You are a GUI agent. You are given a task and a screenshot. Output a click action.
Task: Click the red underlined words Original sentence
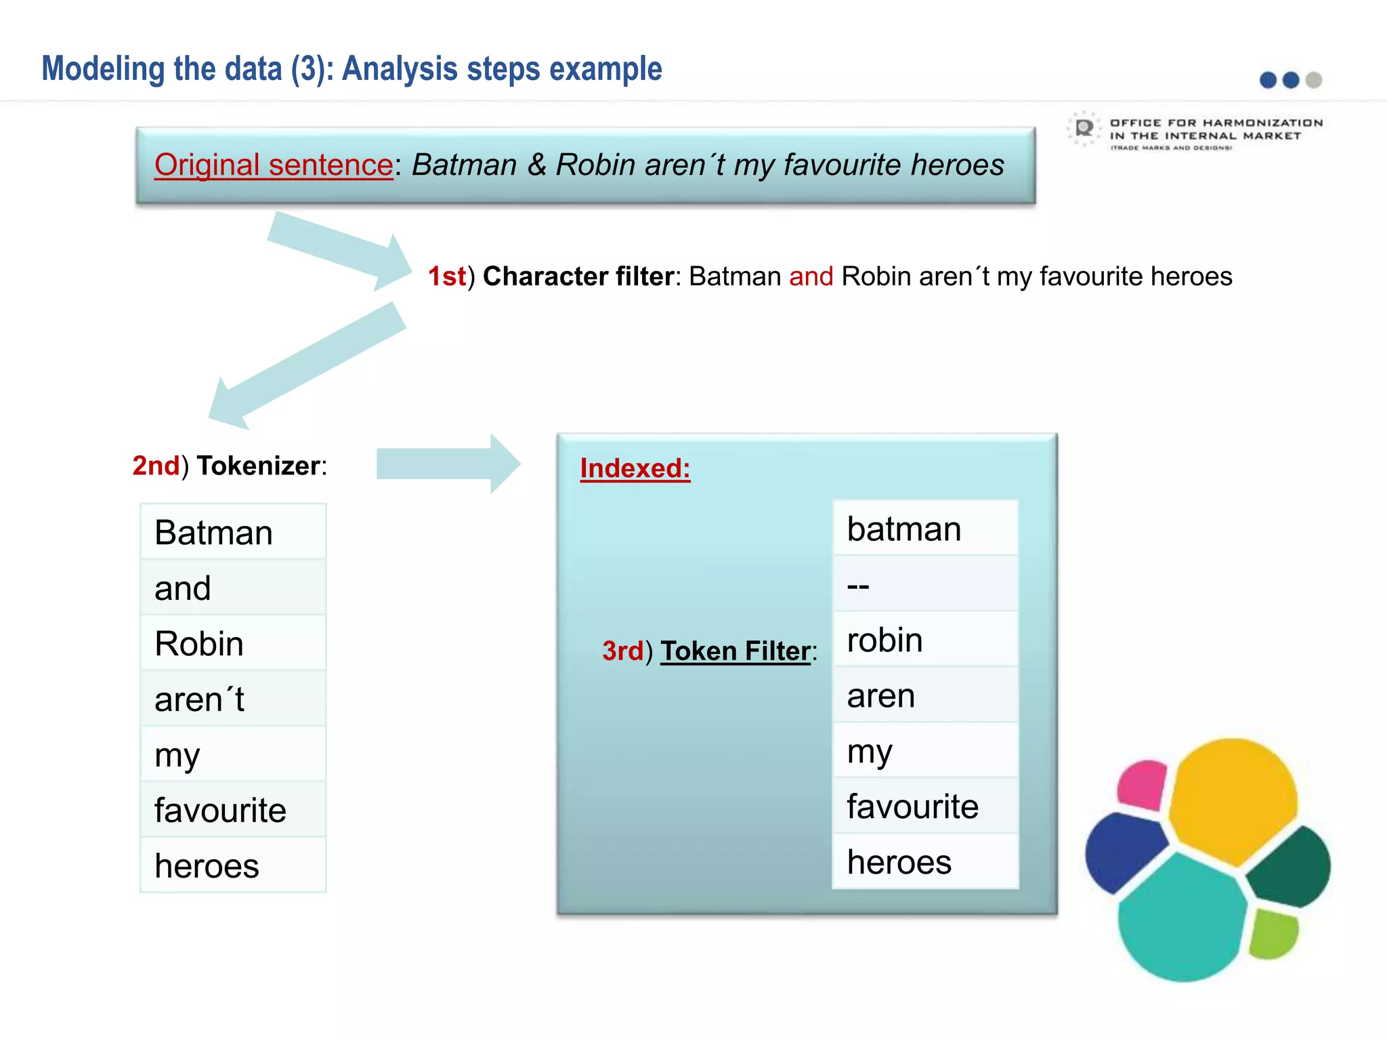274,165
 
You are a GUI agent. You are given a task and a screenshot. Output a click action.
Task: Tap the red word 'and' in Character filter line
811,277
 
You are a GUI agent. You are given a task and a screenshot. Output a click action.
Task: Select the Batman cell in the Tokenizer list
233,532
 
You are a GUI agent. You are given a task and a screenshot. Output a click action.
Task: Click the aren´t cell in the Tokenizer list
233,699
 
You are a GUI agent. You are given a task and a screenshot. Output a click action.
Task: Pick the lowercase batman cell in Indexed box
925,529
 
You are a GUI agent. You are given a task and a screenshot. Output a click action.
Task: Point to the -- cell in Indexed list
925,584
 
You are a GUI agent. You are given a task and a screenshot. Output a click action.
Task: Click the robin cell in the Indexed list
925,640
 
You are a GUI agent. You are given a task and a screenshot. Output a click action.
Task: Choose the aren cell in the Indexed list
925,695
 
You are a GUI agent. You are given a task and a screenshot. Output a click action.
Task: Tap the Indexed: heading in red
635,468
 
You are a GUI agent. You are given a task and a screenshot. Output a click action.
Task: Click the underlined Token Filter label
735,651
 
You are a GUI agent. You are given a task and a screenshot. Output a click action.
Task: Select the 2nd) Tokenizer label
230,466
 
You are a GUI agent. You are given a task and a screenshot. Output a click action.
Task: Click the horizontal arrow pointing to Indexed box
448,464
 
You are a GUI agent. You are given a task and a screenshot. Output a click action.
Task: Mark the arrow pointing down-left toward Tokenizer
305,366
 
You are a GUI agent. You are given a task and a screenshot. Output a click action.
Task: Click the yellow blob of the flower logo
1233,800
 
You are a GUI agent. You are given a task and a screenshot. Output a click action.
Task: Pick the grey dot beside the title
1314,80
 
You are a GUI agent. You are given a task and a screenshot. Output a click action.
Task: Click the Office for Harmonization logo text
1215,130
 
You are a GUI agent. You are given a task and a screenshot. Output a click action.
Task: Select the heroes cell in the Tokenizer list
233,865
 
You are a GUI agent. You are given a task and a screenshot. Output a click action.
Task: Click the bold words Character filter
578,277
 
